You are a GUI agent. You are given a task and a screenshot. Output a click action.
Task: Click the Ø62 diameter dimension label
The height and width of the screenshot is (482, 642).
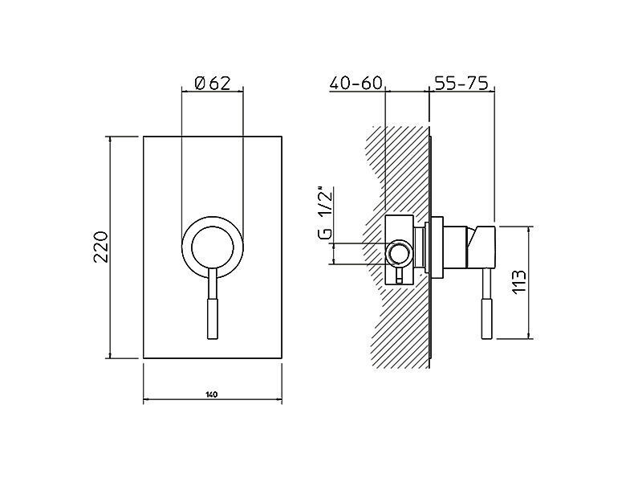tap(213, 84)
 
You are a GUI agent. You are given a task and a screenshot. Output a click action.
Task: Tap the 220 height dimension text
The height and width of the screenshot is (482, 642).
tap(101, 247)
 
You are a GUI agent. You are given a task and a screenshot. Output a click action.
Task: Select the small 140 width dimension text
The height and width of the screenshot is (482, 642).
tap(211, 394)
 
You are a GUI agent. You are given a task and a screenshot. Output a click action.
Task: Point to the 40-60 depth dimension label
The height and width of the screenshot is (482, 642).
tap(356, 84)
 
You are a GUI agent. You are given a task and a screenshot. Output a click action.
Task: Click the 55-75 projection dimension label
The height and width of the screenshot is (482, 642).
tap(461, 84)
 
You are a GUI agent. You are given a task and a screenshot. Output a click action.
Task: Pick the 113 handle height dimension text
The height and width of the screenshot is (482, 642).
tap(518, 282)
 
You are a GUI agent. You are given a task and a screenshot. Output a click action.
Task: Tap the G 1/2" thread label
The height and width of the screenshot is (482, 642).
tap(326, 214)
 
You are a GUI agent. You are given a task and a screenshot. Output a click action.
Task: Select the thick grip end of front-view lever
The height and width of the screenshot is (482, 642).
tap(213, 318)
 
